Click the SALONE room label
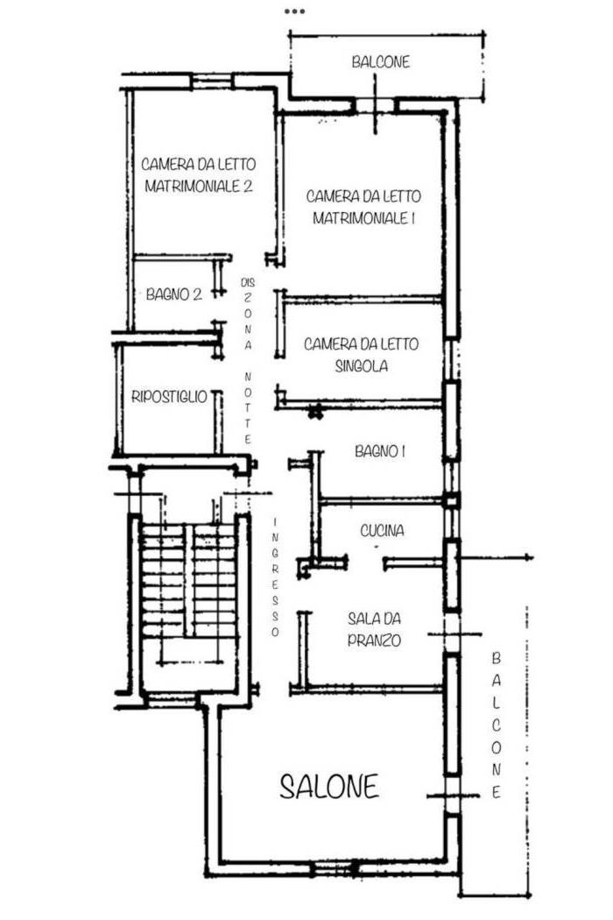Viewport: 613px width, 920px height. click(329, 786)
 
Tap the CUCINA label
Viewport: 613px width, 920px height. click(382, 530)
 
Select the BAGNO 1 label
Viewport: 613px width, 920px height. click(380, 451)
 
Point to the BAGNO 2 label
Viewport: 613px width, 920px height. click(174, 294)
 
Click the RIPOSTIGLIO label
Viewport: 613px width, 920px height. click(170, 397)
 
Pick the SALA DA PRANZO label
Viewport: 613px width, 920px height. click(374, 629)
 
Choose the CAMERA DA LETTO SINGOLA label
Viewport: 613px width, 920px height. click(362, 355)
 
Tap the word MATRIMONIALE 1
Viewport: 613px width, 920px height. click(363, 218)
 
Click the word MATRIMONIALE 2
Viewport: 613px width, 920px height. click(199, 187)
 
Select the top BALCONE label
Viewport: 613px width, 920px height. click(381, 61)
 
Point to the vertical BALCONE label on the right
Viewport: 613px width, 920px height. click(497, 725)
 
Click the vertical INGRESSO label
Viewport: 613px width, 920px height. click(275, 577)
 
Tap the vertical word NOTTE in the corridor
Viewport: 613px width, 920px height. click(248, 407)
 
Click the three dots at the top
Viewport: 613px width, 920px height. click(294, 11)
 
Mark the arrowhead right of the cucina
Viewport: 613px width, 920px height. click(529, 556)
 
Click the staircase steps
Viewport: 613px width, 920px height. click(189, 581)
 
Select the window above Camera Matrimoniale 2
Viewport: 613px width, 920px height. click(212, 81)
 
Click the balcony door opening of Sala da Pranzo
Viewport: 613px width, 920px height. click(452, 634)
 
